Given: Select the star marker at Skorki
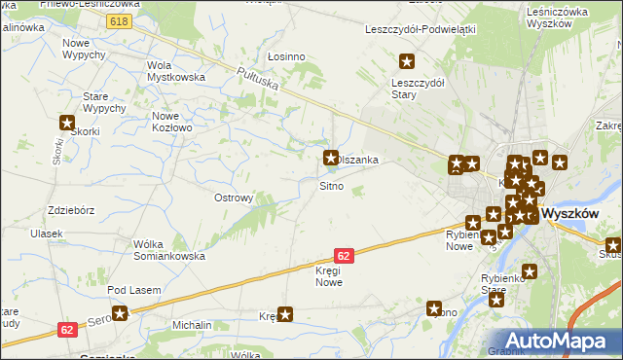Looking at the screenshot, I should point(67,123).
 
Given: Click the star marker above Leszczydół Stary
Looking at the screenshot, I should point(407,62).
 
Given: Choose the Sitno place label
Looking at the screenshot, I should point(331,185).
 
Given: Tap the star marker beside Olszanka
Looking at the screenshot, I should point(331,156).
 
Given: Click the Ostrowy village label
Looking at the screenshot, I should point(234,198).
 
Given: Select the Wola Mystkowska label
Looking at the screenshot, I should point(174,71).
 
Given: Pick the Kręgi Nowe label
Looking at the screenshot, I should point(329,276).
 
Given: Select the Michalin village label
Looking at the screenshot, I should point(192,324).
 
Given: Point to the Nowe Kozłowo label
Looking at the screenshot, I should point(172,122).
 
